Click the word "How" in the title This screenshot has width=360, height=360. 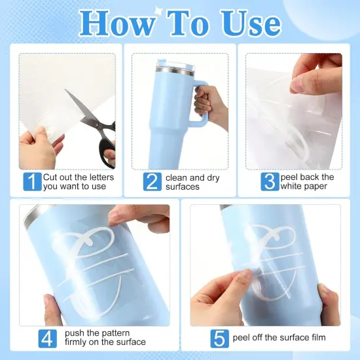(x=117, y=23)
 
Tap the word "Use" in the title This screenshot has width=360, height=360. (x=250, y=23)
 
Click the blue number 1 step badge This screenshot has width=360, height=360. (x=32, y=181)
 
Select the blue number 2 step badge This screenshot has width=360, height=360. (x=153, y=181)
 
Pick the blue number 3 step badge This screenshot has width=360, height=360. (x=270, y=181)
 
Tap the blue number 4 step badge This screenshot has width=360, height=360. (x=47, y=338)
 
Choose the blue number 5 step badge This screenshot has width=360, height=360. (x=219, y=338)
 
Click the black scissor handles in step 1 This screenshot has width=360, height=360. (x=106, y=143)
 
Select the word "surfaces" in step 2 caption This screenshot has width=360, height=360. (x=183, y=187)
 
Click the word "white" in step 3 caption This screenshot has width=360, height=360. (x=291, y=186)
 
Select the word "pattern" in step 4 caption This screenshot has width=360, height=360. (x=115, y=333)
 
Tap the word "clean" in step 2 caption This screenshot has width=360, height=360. (x=176, y=177)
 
